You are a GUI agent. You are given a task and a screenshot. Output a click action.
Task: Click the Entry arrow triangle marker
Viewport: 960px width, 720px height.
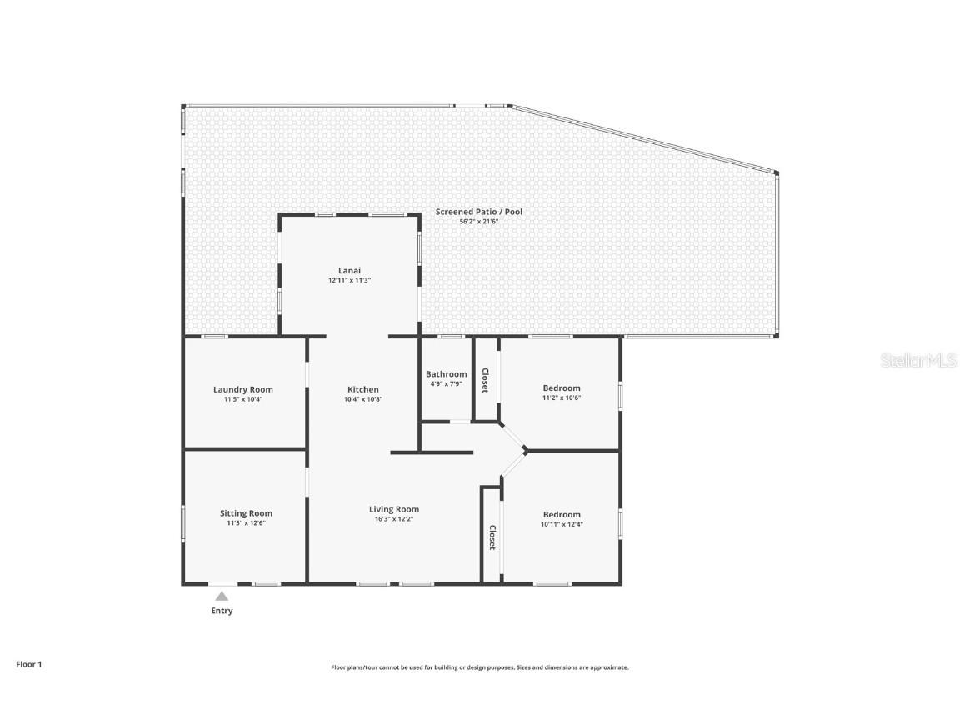222,596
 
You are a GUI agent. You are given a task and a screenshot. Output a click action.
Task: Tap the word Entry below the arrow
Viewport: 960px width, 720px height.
222,611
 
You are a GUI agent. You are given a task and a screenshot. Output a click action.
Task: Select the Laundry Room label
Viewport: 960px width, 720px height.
242,389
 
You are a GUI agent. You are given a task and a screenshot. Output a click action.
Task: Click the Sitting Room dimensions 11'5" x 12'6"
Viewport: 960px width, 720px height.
246,522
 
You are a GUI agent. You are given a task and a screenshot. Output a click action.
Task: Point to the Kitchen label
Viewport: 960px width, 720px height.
363,389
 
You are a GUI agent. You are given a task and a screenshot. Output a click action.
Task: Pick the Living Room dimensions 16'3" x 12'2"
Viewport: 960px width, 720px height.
394,518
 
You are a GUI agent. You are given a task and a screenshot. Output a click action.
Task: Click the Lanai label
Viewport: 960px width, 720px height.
349,270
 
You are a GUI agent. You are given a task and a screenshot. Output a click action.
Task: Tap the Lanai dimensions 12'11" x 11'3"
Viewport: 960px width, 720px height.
349,280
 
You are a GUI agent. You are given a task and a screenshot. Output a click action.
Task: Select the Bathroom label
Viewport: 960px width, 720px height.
447,374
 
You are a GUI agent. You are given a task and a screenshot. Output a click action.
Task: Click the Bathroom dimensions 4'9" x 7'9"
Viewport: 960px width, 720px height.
447,384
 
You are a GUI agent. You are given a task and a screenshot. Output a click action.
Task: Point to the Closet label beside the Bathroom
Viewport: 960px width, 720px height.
485,380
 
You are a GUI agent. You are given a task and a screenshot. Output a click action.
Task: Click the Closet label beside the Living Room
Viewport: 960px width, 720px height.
492,537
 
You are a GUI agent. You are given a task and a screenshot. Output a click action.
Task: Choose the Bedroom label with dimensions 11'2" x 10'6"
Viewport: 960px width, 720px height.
562,387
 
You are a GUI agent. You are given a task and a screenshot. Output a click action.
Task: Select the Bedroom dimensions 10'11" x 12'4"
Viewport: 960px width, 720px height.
562,524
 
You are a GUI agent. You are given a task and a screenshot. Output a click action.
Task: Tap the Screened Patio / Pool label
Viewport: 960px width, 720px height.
479,212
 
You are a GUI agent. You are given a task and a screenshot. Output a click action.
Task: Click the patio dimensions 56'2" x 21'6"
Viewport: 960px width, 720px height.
479,222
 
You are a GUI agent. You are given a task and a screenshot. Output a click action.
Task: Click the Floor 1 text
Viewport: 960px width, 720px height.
28,664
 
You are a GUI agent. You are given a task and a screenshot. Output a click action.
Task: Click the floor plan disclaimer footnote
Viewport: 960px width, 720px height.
480,667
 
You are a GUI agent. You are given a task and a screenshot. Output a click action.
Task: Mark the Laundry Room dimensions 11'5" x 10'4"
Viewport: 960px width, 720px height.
242,399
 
